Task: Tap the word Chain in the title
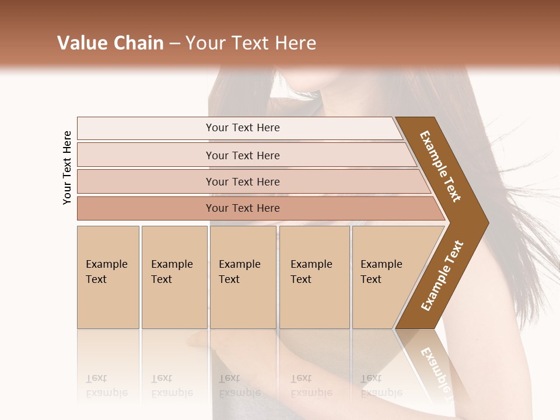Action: point(138,43)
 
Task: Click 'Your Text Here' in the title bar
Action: point(251,43)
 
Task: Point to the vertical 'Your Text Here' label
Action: point(67,167)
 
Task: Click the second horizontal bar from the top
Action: point(242,155)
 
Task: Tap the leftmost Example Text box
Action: point(108,277)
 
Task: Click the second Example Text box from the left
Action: point(174,277)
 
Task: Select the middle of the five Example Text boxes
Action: point(243,277)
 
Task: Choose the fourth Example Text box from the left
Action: point(314,277)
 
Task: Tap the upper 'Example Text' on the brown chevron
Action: point(441,166)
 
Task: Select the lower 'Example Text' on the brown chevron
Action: point(442,275)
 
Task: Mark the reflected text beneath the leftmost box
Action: point(106,386)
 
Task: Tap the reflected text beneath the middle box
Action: point(240,386)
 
